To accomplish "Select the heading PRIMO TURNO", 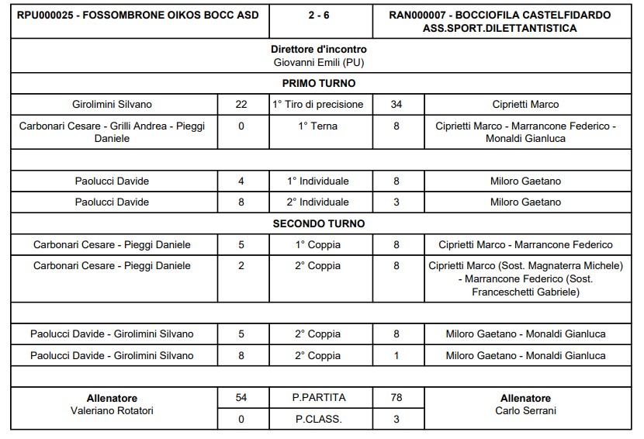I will point(319,83).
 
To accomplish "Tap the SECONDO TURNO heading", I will point(319,223).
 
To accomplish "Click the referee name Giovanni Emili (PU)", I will point(319,61).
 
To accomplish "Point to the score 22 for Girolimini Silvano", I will point(241,104).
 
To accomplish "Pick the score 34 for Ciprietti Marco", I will point(396,104).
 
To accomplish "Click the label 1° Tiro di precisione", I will point(319,104).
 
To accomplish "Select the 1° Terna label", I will point(319,126).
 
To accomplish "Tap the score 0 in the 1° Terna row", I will point(241,126).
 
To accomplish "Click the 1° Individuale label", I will point(319,181).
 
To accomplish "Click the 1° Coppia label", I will point(319,244).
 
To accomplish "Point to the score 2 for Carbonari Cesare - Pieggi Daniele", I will point(241,266).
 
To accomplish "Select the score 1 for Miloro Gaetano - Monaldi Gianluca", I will point(396,355).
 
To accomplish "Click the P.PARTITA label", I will point(319,398).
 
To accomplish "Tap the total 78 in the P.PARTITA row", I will point(396,398).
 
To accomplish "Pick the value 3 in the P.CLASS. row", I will point(396,419).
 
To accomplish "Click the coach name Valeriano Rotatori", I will point(112,411).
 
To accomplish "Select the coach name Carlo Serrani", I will point(525,411).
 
